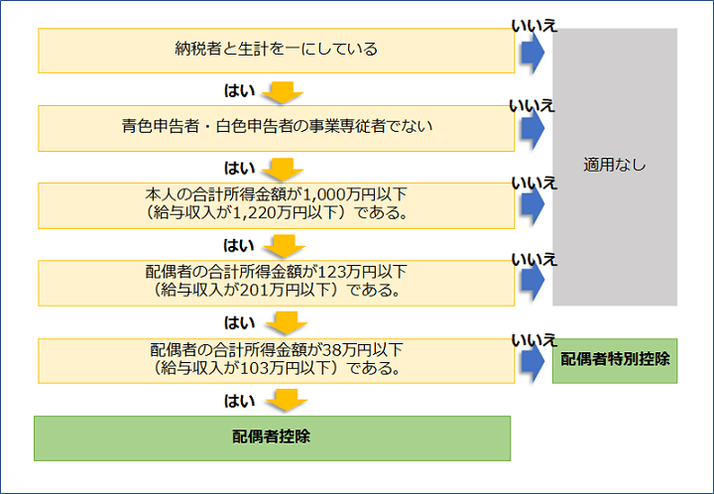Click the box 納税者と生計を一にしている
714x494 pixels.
(x=275, y=49)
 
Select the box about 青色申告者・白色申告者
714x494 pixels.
(x=275, y=128)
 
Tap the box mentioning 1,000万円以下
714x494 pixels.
(x=275, y=204)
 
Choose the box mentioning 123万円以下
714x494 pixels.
(x=275, y=282)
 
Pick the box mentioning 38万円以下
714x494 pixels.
(x=275, y=360)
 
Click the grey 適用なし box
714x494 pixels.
(x=615, y=166)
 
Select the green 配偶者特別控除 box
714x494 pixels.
(x=615, y=360)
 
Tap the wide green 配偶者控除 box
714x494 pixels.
(x=272, y=437)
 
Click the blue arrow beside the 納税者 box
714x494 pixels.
(x=533, y=50)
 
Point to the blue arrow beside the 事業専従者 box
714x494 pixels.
(x=533, y=128)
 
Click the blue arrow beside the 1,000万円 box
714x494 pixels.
(x=533, y=204)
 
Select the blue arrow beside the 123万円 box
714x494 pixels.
(x=533, y=282)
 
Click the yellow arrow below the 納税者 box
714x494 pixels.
(x=286, y=91)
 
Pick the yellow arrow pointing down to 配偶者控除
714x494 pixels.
(x=286, y=401)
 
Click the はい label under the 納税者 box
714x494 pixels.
(x=240, y=90)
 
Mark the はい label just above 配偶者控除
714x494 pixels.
(x=240, y=400)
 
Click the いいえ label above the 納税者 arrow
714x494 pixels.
(x=534, y=24)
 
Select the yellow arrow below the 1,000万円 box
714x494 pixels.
(x=286, y=246)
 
